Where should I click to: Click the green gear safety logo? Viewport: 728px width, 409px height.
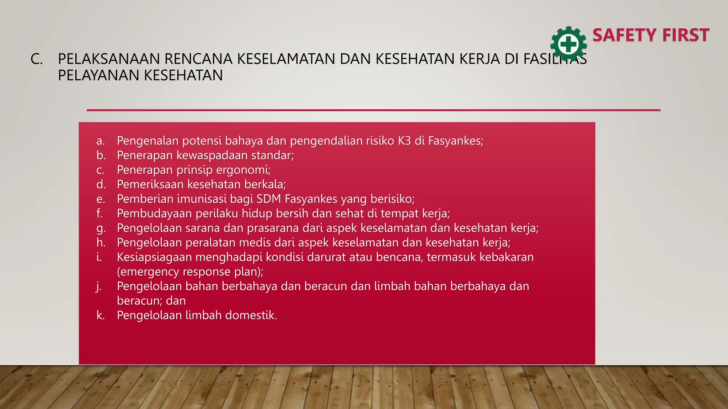568,44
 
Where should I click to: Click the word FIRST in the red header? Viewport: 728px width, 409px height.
686,35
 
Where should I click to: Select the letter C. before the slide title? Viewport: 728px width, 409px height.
36,59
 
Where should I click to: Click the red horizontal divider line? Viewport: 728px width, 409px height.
373,110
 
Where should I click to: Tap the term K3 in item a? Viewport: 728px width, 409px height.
404,141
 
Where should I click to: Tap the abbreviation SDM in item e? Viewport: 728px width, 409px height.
269,199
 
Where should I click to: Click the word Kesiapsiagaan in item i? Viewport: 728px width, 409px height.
154,257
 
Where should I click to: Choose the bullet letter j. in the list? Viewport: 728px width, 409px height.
99,287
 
